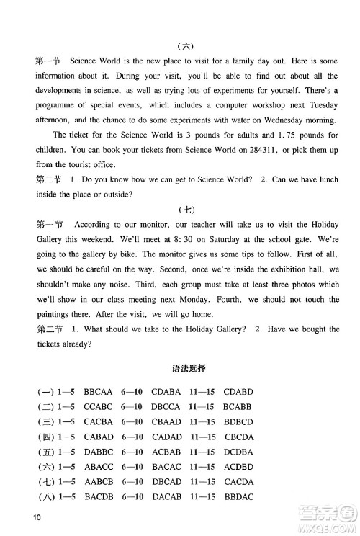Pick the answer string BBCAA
pos(98,393)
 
